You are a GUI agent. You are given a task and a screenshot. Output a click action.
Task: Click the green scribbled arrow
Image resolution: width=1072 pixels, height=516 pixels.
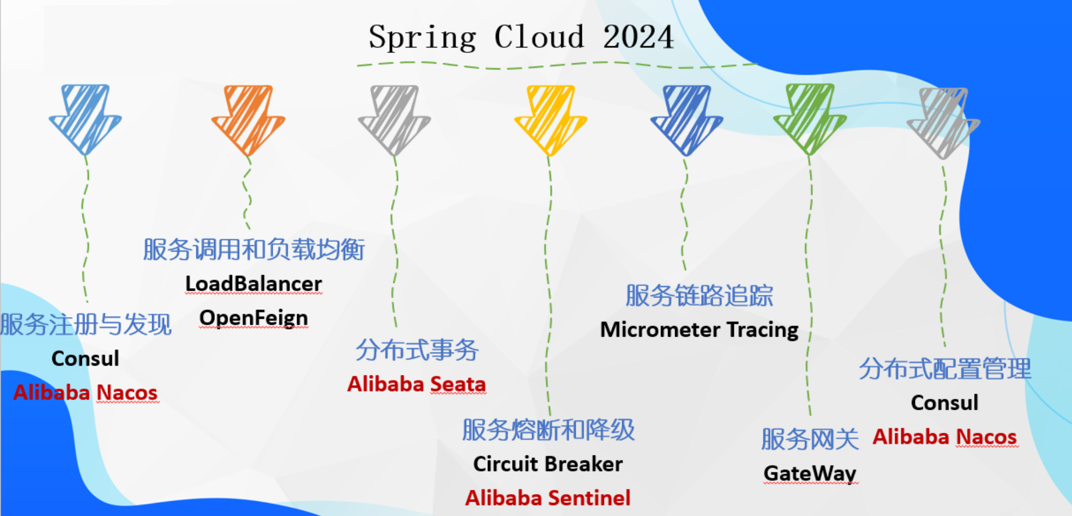pyautogui.click(x=810, y=118)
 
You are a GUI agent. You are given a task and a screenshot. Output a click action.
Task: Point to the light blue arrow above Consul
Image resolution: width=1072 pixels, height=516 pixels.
pyautogui.click(x=85, y=118)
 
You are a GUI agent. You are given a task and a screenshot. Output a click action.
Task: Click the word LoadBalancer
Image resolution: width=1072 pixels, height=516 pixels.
pyautogui.click(x=254, y=284)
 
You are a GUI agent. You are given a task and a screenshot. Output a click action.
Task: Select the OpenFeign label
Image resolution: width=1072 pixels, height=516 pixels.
pyautogui.click(x=254, y=318)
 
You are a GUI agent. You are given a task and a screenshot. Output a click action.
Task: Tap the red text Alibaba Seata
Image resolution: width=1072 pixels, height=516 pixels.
pyautogui.click(x=417, y=384)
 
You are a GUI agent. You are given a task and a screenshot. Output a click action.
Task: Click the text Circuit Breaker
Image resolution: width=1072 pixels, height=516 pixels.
pyautogui.click(x=547, y=464)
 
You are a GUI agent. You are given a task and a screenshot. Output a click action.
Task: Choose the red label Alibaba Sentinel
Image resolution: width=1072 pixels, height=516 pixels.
pyautogui.click(x=547, y=498)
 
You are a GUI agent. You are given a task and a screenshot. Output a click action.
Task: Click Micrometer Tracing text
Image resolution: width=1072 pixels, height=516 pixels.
pyautogui.click(x=699, y=330)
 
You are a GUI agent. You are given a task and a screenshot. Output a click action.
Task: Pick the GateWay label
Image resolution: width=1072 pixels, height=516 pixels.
pyautogui.click(x=810, y=473)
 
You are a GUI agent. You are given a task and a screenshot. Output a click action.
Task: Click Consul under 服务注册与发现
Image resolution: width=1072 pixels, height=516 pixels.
pyautogui.click(x=85, y=359)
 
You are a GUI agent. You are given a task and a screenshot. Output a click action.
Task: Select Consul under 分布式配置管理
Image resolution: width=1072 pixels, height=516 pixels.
pyautogui.click(x=944, y=403)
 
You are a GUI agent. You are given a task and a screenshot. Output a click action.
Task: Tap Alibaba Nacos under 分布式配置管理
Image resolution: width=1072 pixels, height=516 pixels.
pyautogui.click(x=944, y=437)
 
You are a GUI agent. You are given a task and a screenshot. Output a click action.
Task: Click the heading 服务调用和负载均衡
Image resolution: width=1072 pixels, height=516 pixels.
pyautogui.click(x=254, y=250)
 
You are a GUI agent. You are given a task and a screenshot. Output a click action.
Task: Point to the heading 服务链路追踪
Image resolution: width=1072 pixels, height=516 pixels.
pyautogui.click(x=699, y=296)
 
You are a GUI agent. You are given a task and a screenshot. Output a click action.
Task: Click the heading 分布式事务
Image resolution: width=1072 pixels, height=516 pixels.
pyautogui.click(x=417, y=350)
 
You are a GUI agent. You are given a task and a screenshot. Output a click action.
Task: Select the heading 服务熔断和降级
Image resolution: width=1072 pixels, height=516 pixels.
pyautogui.click(x=548, y=430)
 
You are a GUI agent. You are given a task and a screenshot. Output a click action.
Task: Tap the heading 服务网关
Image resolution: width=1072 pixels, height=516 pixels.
pyautogui.click(x=810, y=439)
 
